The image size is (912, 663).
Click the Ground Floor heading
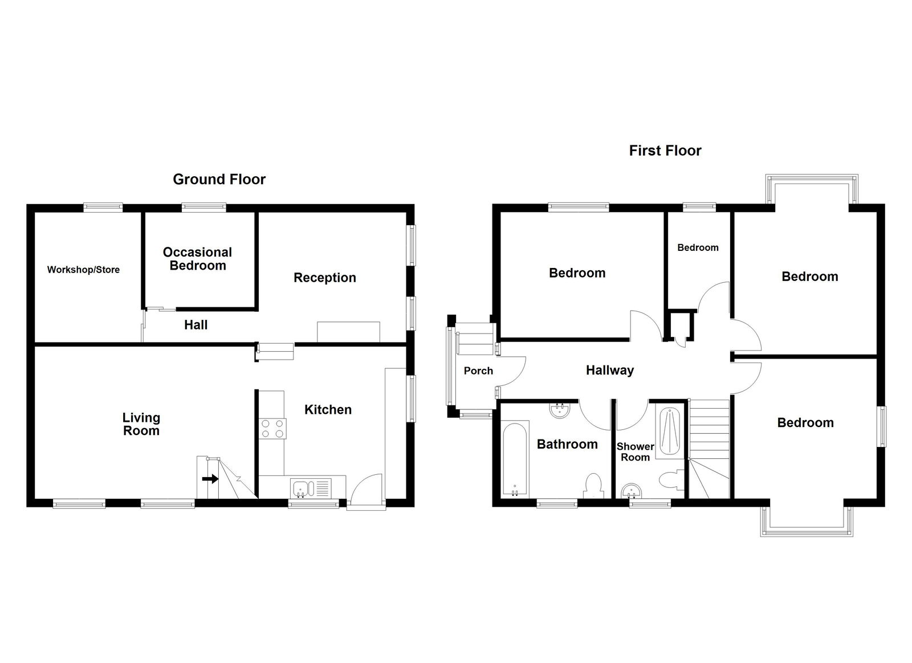(x=219, y=180)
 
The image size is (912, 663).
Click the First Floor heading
(x=665, y=151)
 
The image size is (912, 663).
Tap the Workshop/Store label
(x=83, y=270)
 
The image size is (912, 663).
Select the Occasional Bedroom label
(x=197, y=259)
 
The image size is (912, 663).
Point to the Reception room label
(x=324, y=278)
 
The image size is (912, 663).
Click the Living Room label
(x=141, y=424)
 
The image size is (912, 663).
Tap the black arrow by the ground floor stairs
(x=210, y=479)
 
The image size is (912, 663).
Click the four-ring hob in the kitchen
(x=272, y=428)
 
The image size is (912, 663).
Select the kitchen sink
(x=300, y=489)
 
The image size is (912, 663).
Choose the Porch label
(x=478, y=371)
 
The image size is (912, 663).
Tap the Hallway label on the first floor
(x=609, y=371)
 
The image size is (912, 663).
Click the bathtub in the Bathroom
(x=515, y=459)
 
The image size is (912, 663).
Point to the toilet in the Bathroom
(x=593, y=485)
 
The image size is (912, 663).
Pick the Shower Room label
(x=635, y=452)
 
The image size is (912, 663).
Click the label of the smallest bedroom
(x=698, y=247)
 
